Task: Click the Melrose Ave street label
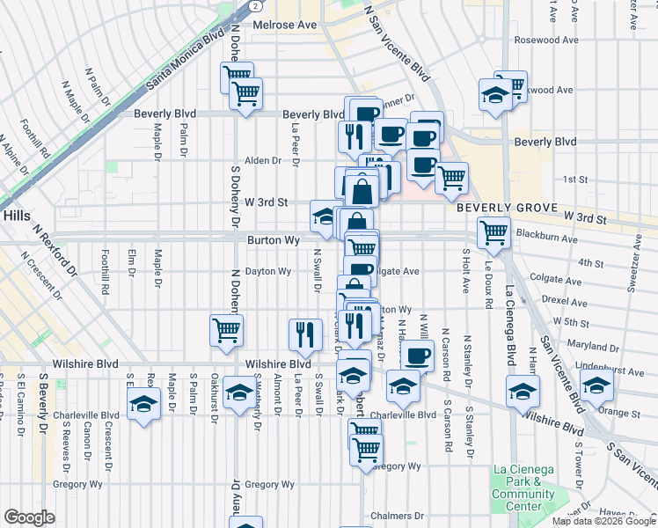coord(284,25)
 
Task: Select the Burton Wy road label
coord(274,239)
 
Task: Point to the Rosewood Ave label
coord(546,40)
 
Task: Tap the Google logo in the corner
coord(29,517)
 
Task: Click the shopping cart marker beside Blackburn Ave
coord(493,233)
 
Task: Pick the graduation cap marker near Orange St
coord(596,385)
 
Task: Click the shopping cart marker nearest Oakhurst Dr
coord(226,331)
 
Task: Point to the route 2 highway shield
coord(253,5)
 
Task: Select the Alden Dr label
coord(262,161)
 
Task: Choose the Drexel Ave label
coord(565,301)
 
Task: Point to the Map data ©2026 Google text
coord(603,521)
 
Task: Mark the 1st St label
coord(574,180)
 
